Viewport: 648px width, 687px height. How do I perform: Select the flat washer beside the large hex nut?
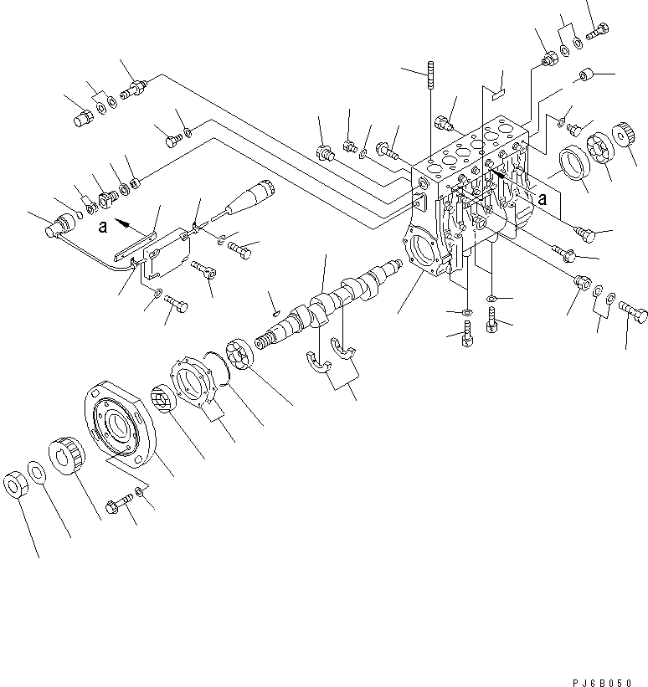click(38, 472)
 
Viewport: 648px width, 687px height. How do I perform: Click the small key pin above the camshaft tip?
click(273, 313)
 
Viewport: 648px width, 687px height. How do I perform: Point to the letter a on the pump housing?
click(543, 199)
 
